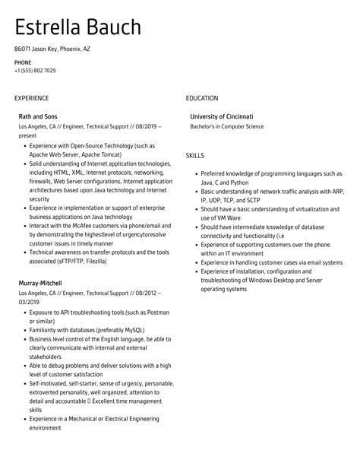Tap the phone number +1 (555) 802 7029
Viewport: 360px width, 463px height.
click(35, 71)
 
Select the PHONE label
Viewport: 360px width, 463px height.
click(22, 62)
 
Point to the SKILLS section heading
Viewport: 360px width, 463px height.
click(195, 155)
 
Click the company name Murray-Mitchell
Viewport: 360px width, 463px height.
click(40, 283)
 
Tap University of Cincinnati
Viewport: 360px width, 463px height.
click(222, 116)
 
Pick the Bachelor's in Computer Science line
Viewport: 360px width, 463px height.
click(227, 126)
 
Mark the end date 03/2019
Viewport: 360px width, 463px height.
click(29, 302)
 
